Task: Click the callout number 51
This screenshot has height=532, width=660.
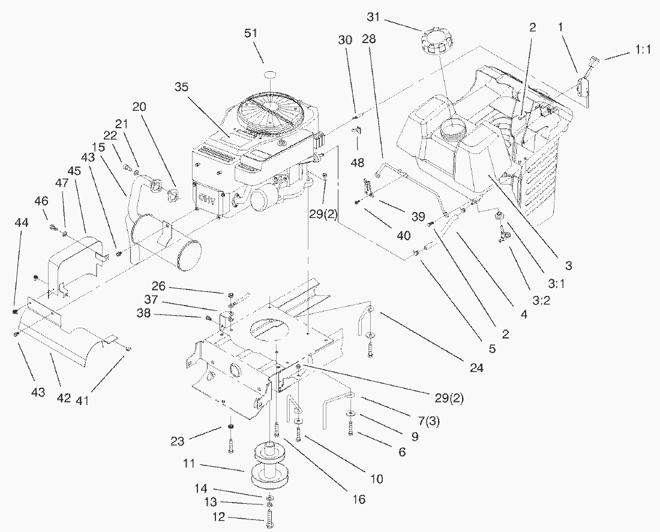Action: (x=250, y=33)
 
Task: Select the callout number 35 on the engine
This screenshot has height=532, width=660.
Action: (x=182, y=87)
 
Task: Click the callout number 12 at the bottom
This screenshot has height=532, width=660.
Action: (x=219, y=517)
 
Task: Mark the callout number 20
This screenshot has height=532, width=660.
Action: (x=139, y=106)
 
